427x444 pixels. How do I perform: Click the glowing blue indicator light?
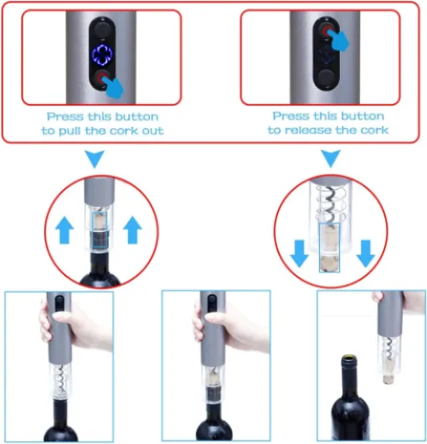(102, 54)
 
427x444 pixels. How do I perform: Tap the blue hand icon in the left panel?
(113, 86)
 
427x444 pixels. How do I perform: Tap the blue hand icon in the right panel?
(338, 39)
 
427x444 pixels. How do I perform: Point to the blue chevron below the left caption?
(95, 158)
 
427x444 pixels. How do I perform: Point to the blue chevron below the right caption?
(331, 158)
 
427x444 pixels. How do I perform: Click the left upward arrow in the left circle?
(64, 230)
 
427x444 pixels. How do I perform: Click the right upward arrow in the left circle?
(133, 230)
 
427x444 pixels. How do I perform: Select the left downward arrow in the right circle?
(300, 254)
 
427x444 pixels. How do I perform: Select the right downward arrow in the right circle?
(366, 254)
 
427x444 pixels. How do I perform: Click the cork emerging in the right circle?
(329, 248)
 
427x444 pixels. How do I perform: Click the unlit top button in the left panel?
(102, 28)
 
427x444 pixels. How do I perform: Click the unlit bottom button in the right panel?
(326, 78)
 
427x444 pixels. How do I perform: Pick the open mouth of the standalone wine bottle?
(349, 359)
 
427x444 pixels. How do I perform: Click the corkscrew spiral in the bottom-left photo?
(61, 379)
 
